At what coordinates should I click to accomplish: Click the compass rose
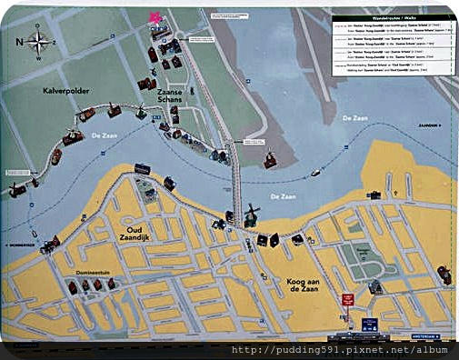(39, 41)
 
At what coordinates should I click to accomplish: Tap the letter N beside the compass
(19, 41)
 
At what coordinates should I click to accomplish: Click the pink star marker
(155, 17)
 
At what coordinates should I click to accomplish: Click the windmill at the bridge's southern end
(250, 215)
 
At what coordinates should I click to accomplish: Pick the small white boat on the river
(315, 172)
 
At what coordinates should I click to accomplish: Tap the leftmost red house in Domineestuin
(73, 287)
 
